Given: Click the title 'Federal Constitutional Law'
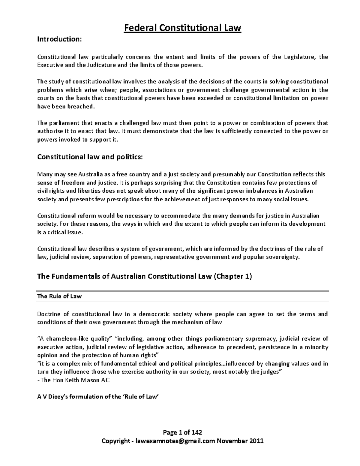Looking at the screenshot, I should coord(183,28).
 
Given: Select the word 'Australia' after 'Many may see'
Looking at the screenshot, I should coord(89,174).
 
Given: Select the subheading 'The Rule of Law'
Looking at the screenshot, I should coord(59,296).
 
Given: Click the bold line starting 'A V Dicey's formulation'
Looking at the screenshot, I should coord(97,396).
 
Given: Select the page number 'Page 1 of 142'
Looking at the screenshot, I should coord(182,432).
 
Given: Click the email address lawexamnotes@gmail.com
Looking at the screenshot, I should coord(175,441).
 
